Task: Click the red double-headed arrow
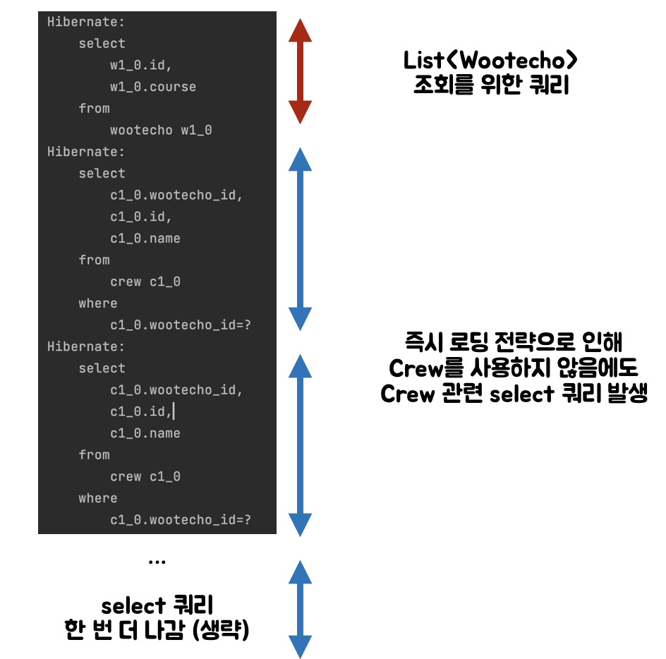[x=301, y=71]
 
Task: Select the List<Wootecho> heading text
[x=486, y=61]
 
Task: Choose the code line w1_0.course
[x=153, y=87]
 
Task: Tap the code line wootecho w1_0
[x=161, y=130]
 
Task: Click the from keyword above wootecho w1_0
[x=95, y=108]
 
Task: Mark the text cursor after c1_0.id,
[x=173, y=411]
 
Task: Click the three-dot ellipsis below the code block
[x=157, y=562]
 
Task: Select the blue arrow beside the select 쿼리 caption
[x=301, y=609]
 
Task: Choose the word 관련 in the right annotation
[x=459, y=394]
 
